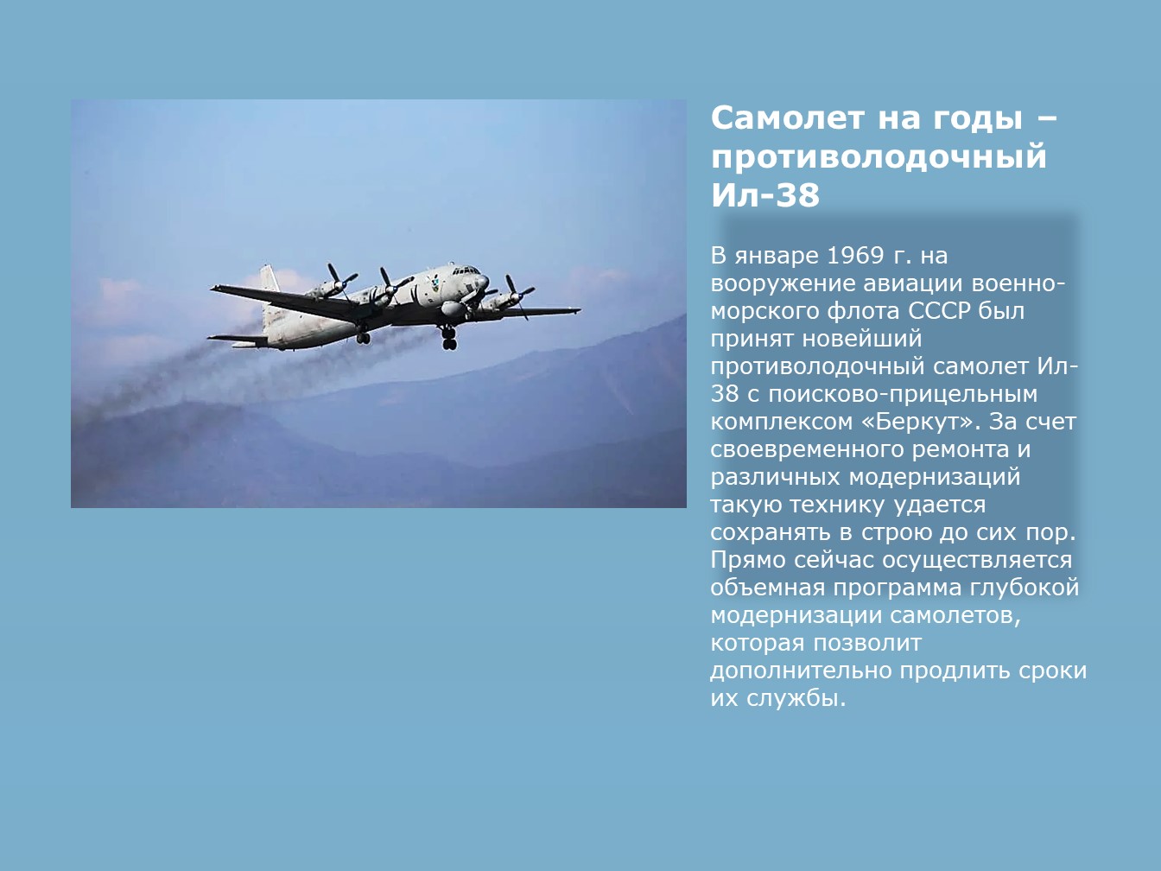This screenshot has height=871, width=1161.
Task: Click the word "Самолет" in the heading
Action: point(788,118)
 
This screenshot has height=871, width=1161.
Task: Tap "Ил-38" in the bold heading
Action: point(765,195)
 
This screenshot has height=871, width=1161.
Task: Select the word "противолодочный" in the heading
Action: point(879,156)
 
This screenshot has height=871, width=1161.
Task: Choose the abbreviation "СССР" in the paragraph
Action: point(940,311)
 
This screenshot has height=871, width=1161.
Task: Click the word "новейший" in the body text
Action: point(862,339)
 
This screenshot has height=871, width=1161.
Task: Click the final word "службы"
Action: point(796,699)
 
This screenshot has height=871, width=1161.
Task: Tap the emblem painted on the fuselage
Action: point(435,284)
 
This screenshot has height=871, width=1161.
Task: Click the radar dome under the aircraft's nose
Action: point(453,308)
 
